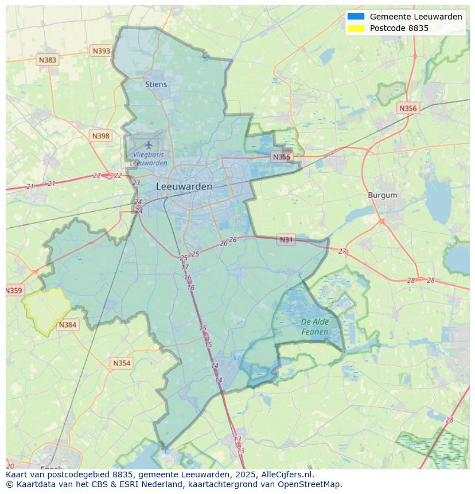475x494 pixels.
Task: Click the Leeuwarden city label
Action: (x=184, y=186)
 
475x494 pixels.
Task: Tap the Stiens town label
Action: (x=156, y=84)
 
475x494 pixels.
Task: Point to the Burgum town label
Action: (x=383, y=195)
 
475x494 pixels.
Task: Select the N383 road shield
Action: (x=48, y=60)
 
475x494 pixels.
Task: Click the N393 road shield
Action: (x=101, y=51)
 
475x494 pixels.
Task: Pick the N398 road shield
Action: (x=100, y=136)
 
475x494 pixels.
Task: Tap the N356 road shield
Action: (x=408, y=108)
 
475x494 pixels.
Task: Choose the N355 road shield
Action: (x=282, y=157)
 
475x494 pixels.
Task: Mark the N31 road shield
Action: (x=286, y=240)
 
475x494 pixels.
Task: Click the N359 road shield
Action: (x=14, y=290)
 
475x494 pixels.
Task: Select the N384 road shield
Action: (x=67, y=325)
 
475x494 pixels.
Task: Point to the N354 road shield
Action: (x=122, y=363)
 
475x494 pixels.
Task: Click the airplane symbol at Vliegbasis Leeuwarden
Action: (x=149, y=144)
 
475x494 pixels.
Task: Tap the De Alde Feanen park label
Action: (x=315, y=327)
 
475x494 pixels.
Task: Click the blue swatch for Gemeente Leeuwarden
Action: (x=356, y=17)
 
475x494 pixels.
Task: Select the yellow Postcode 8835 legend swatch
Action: (x=356, y=28)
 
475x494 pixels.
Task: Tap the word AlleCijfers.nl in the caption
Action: (x=289, y=475)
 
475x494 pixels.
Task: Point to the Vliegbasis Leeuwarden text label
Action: (x=149, y=159)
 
